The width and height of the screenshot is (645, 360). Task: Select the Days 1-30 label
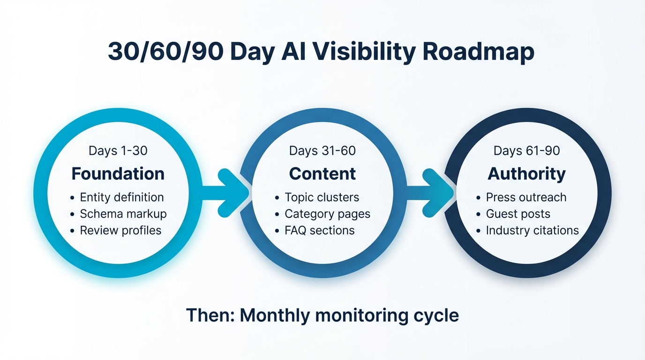tap(118, 150)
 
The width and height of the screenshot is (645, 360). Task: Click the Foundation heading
tap(118, 174)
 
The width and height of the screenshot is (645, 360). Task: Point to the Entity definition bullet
tap(121, 197)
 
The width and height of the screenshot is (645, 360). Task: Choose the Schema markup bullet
tap(123, 214)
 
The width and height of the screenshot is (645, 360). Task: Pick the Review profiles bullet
tap(120, 230)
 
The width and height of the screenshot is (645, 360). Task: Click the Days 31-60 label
tap(322, 150)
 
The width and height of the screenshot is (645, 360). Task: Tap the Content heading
tap(322, 174)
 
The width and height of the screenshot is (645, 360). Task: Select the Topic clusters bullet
tap(322, 197)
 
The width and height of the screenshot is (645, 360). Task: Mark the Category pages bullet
tap(327, 214)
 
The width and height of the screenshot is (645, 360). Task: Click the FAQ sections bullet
tap(319, 230)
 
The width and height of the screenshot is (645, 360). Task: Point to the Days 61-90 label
tap(527, 150)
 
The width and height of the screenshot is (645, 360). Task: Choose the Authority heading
tap(527, 174)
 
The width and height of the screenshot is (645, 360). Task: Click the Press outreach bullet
tap(526, 197)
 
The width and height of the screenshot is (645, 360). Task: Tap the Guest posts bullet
tap(518, 214)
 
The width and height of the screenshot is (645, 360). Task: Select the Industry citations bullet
tap(532, 230)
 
